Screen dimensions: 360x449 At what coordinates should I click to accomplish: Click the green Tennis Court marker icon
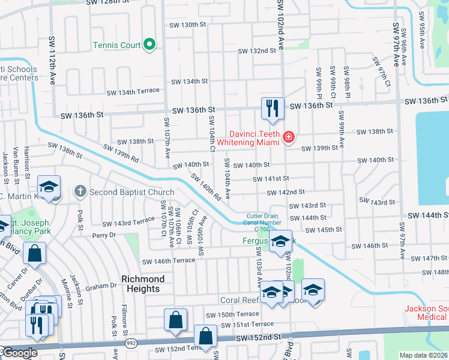coord(149,45)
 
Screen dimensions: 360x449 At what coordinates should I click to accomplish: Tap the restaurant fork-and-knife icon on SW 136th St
coord(273,109)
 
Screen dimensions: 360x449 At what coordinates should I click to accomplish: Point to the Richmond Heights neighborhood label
coord(143,284)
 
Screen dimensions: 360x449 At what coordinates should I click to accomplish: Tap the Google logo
coord(19,353)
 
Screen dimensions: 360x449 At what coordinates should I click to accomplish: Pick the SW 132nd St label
coord(256,51)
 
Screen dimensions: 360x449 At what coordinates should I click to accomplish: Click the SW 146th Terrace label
coord(169,260)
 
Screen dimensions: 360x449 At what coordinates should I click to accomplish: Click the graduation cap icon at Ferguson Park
coord(280,241)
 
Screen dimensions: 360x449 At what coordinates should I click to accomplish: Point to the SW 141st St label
coord(271,179)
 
